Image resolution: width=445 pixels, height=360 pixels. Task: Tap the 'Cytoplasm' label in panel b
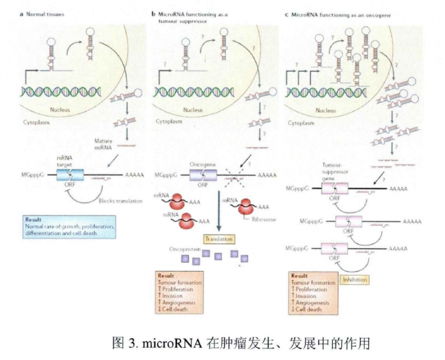(x=168, y=120)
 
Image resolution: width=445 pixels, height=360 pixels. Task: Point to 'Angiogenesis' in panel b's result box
(x=180, y=304)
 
